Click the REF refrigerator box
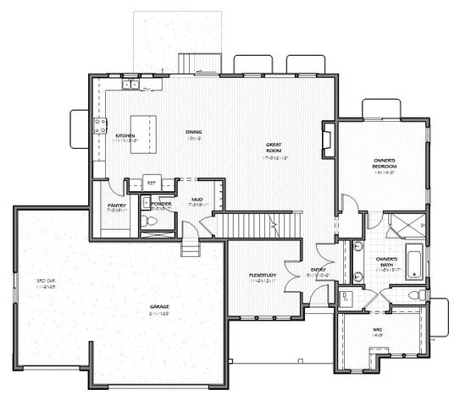click(152, 182)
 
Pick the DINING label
click(194, 132)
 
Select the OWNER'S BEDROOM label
click(385, 162)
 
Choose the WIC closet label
click(377, 330)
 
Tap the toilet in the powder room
click(151, 221)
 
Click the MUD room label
click(197, 199)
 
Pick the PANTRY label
click(117, 206)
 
